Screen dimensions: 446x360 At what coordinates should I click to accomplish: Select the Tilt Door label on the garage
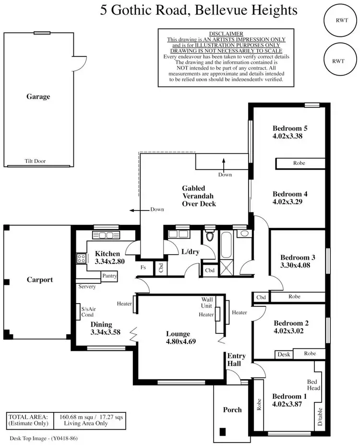coord(35,162)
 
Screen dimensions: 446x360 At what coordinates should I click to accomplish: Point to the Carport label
coord(39,280)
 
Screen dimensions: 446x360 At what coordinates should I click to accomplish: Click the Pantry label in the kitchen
coord(109,276)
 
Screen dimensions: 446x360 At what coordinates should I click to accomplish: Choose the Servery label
coord(86,287)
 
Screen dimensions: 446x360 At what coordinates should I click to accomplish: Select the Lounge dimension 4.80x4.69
coord(178,342)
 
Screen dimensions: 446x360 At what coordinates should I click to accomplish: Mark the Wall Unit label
coord(207,303)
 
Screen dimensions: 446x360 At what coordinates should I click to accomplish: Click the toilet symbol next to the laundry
coord(209,236)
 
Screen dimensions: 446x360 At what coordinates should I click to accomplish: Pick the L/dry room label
coord(190,251)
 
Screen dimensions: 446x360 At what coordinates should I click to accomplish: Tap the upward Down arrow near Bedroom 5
coord(224,163)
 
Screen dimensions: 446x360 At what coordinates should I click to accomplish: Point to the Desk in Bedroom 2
coord(283,355)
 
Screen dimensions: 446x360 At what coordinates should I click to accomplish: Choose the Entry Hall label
coord(236,360)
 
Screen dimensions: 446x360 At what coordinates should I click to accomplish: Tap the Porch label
coord(232,410)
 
